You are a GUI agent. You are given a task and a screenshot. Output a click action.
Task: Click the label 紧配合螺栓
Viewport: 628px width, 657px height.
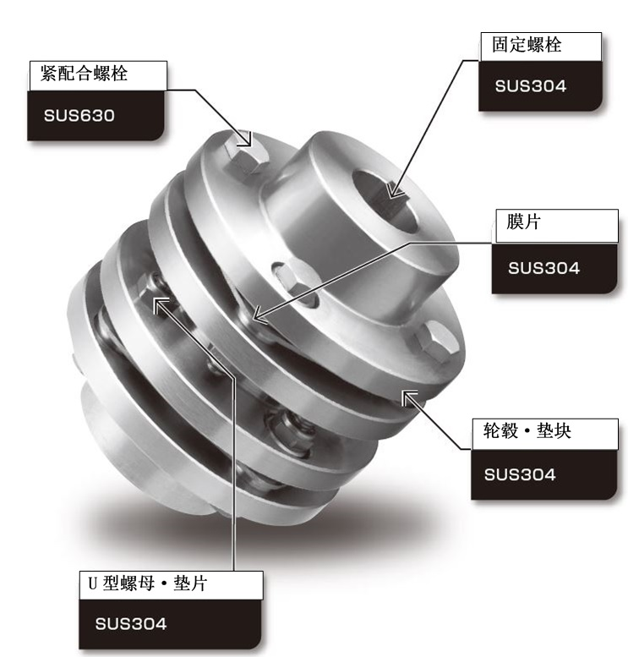tap(84, 74)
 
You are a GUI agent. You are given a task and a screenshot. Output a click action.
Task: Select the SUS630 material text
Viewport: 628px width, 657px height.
tap(79, 116)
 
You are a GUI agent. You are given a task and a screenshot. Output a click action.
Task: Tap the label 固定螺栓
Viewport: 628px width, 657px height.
tap(527, 45)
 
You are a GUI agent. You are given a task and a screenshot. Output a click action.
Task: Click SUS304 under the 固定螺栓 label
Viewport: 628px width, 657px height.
tap(531, 86)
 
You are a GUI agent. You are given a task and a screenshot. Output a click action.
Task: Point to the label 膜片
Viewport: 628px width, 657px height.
tap(524, 222)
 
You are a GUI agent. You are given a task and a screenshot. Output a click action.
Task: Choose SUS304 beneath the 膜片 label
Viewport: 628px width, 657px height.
tap(543, 268)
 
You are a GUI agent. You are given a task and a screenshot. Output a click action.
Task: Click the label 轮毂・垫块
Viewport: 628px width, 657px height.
tap(527, 430)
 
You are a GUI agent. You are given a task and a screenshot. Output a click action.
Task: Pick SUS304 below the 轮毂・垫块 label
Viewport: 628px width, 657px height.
tap(520, 474)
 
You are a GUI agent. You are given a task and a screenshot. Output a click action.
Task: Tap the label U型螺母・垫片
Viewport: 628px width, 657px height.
tap(148, 583)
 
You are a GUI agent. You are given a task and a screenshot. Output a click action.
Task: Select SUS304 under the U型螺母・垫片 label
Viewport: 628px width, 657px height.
tap(131, 624)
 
